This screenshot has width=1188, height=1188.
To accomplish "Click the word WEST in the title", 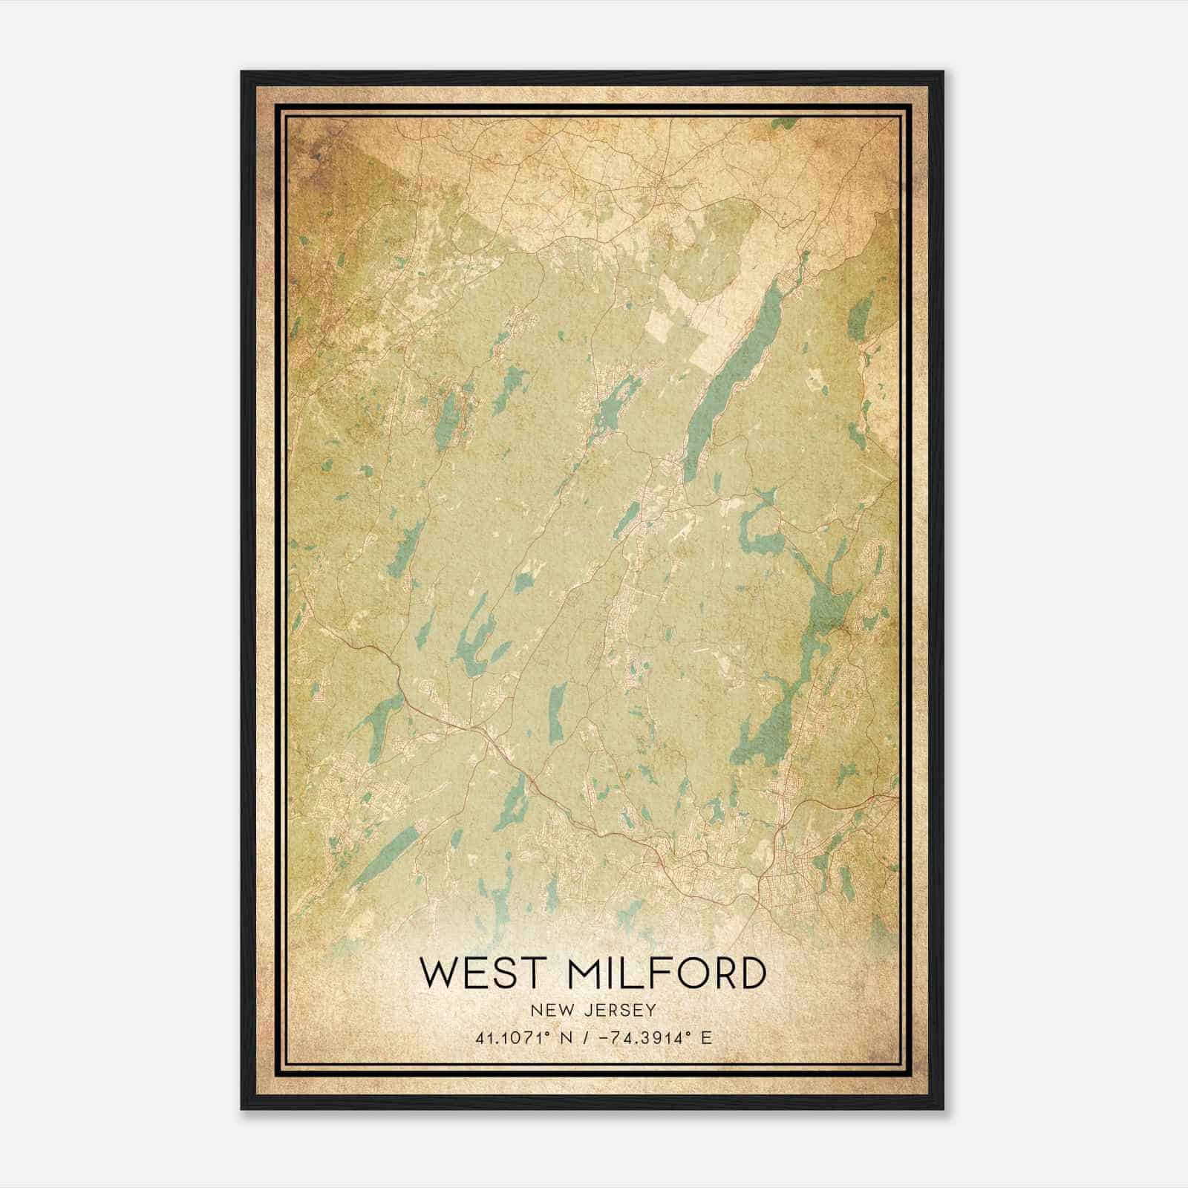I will [x=480, y=973].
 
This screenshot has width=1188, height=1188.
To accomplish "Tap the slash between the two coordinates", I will [x=588, y=1037].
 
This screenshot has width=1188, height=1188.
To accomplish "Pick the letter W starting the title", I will [x=437, y=973].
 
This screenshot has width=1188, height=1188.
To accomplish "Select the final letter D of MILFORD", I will [x=751, y=973].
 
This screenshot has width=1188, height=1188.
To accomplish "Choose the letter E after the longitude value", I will [x=706, y=1037].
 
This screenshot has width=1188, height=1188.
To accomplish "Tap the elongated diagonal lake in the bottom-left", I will [x=386, y=854].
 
